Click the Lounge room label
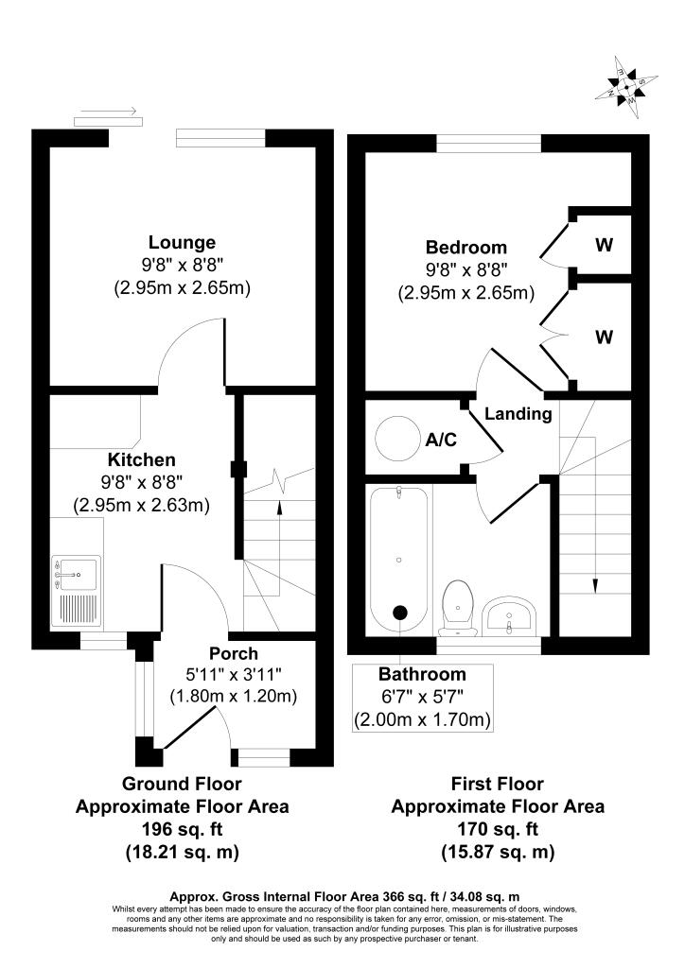[x=182, y=243]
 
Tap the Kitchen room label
[x=141, y=460]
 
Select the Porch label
[x=233, y=653]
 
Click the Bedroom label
[x=465, y=248]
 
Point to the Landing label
[x=518, y=414]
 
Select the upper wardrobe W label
[x=604, y=245]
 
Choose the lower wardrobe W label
[x=604, y=337]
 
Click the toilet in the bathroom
[x=458, y=605]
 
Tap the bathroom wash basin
[x=510, y=616]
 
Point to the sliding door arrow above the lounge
[x=108, y=111]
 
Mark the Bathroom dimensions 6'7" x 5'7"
[x=422, y=698]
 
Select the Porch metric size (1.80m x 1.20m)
[x=233, y=697]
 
